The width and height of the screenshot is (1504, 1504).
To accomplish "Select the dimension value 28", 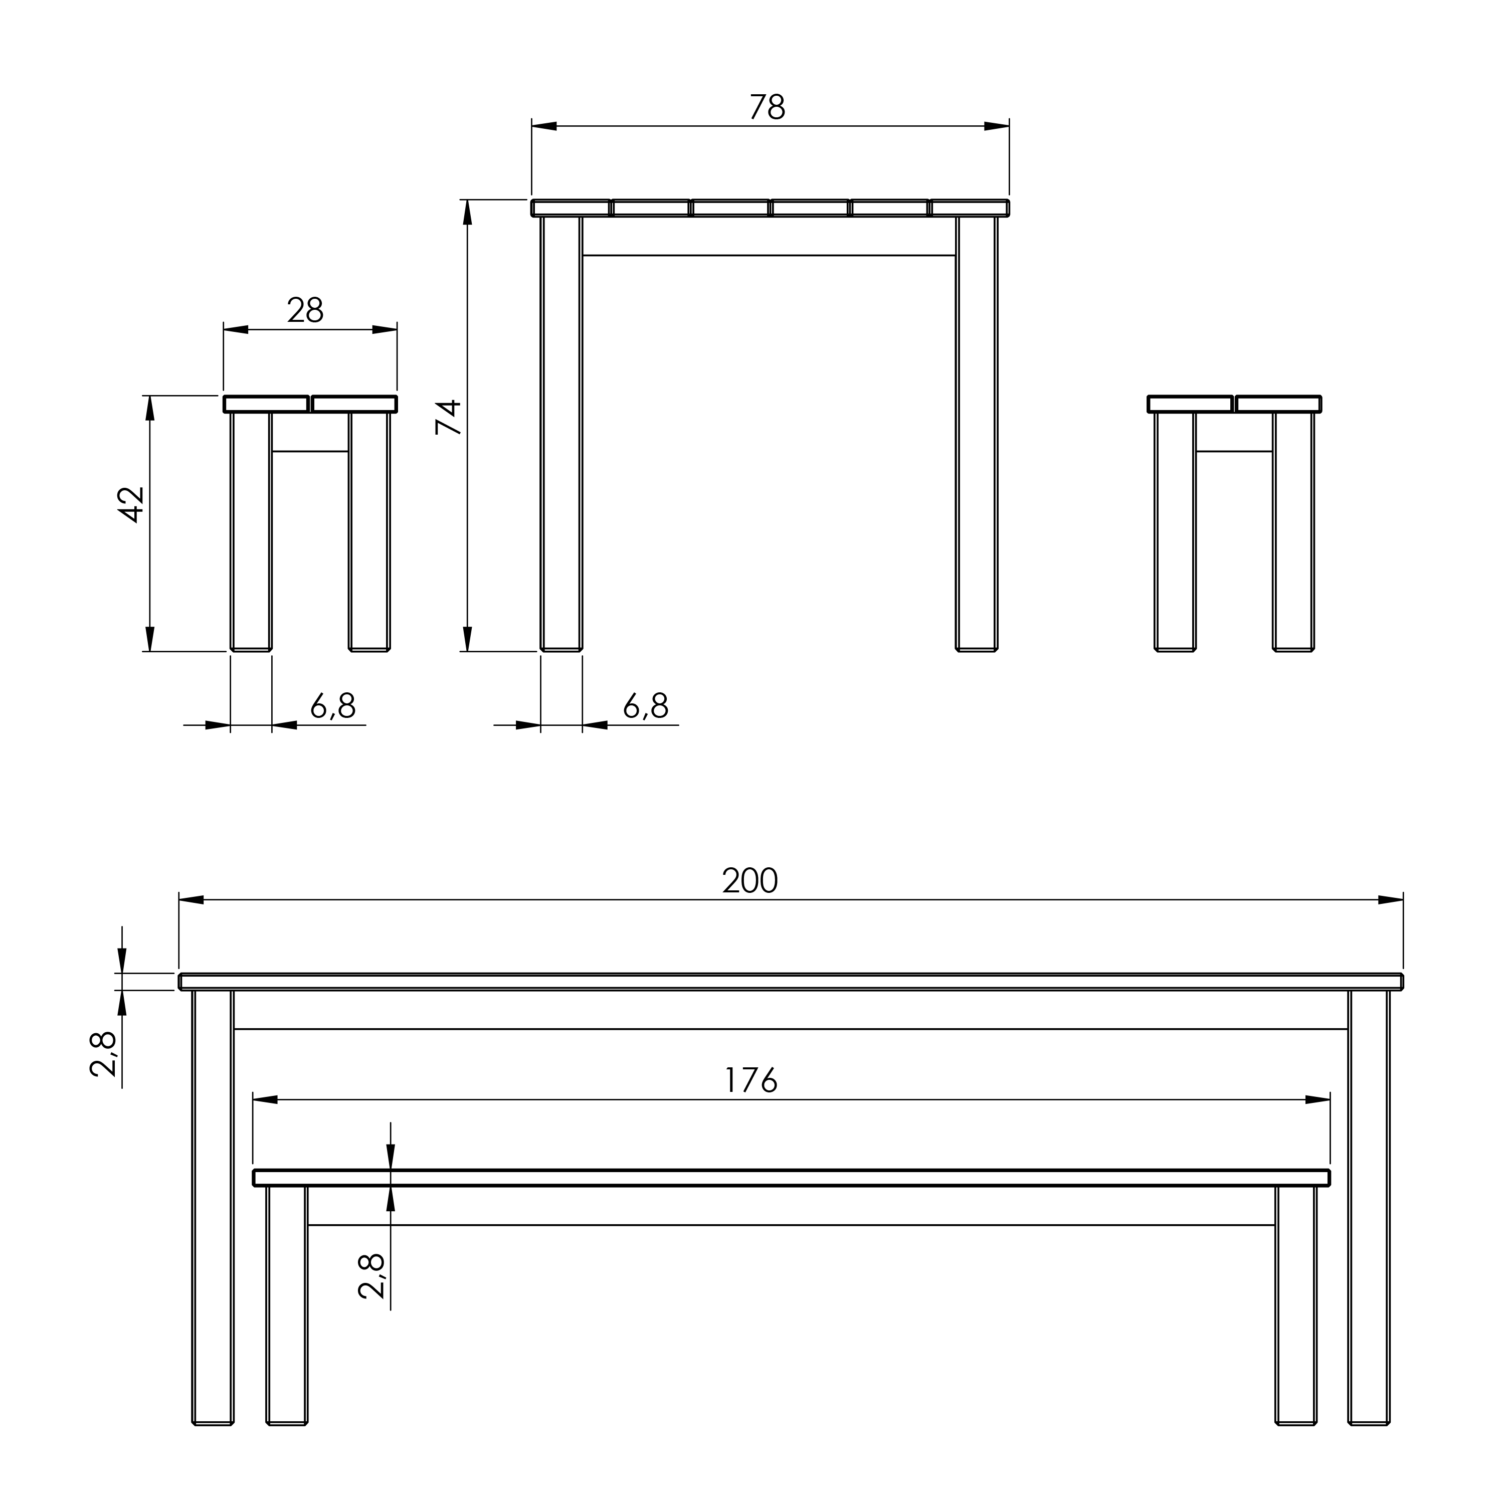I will click(305, 311).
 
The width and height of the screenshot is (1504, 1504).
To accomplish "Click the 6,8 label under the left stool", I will click(333, 706).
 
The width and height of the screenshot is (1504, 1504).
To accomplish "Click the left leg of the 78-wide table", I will click(561, 432).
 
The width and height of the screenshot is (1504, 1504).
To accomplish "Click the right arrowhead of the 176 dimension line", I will click(1317, 1100).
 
